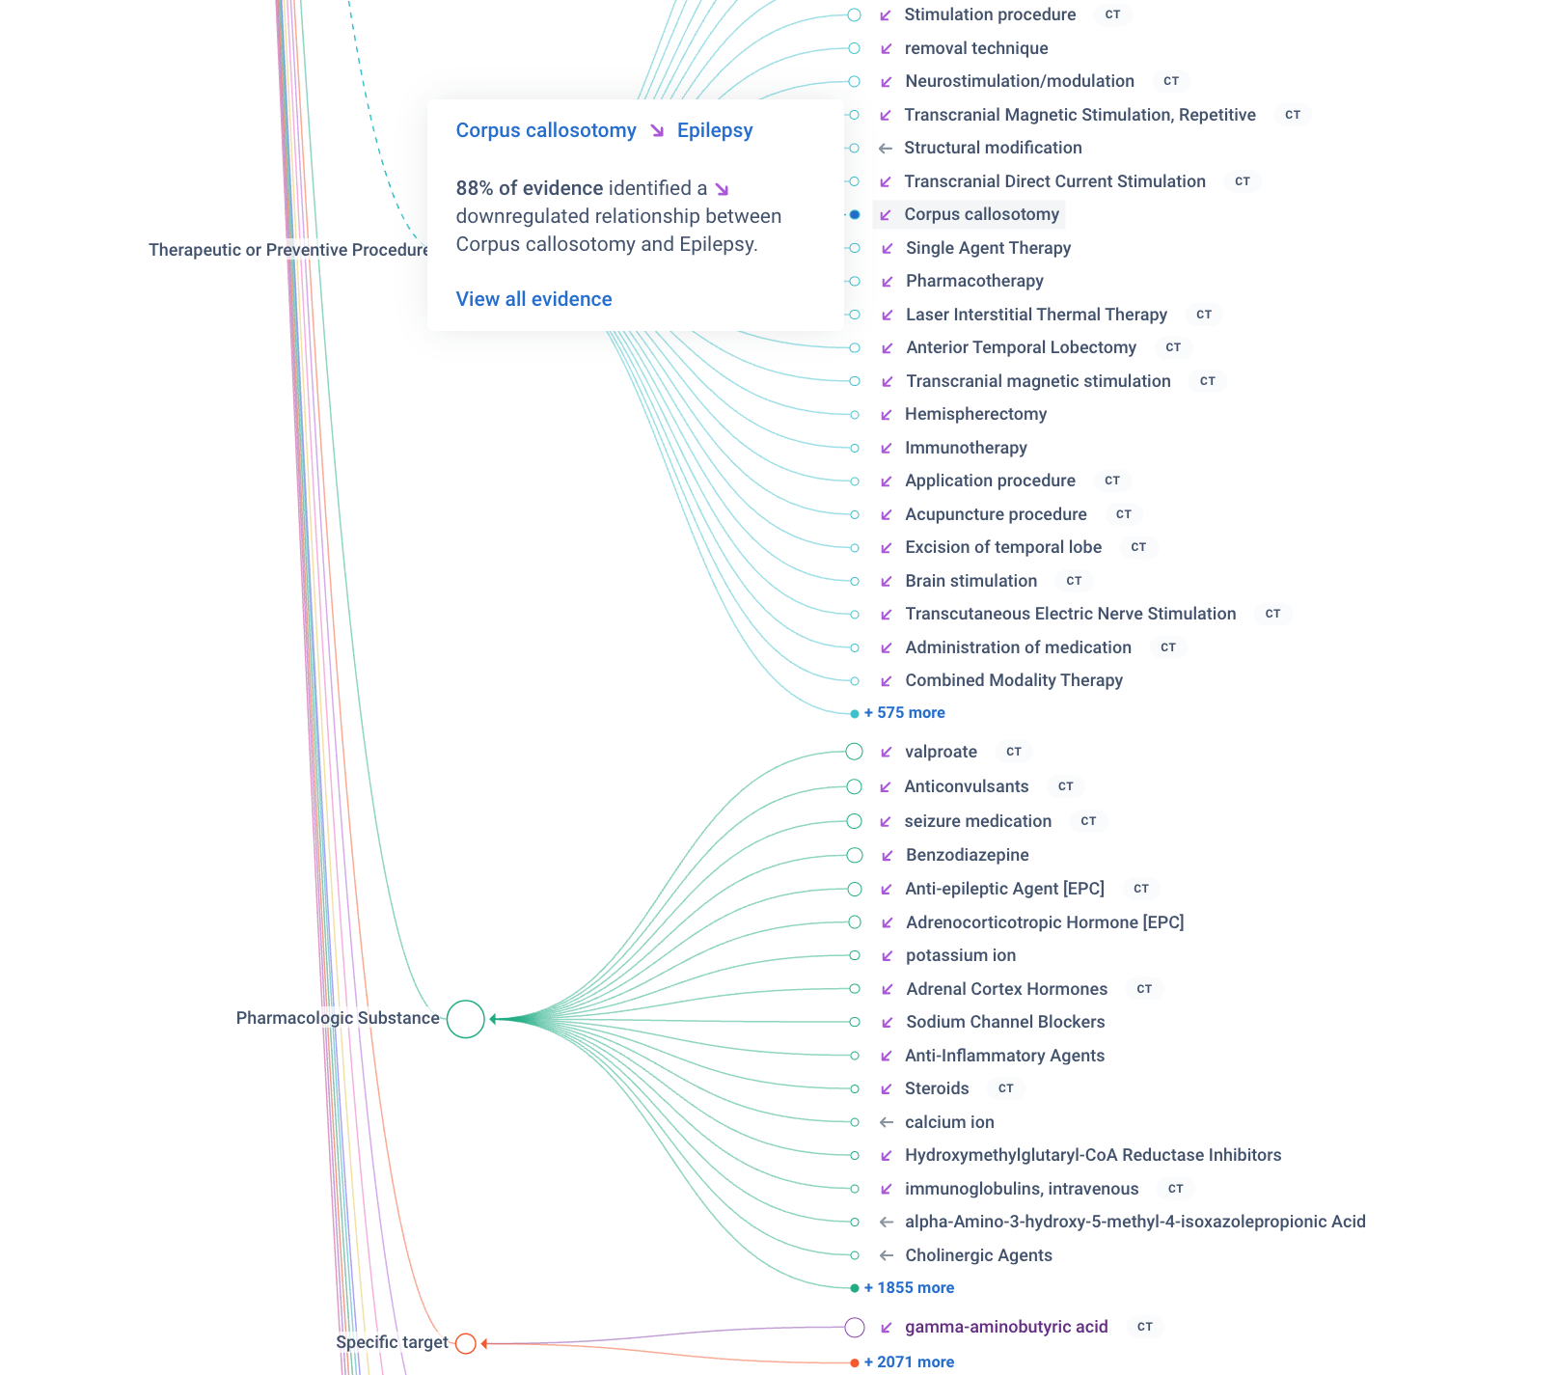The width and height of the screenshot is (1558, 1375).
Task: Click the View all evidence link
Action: (x=533, y=299)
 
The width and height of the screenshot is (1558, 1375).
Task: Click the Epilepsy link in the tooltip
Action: (x=714, y=130)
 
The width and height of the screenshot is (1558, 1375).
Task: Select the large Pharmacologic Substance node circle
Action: (x=466, y=1019)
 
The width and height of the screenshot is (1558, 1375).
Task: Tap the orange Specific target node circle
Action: (x=466, y=1343)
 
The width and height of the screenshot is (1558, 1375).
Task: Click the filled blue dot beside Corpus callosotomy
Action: (x=855, y=214)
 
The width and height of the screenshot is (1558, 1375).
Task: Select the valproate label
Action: (x=941, y=752)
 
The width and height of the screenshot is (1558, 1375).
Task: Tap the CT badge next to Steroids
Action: (x=1005, y=1088)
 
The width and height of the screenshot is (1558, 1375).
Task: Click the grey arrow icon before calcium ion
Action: (x=886, y=1122)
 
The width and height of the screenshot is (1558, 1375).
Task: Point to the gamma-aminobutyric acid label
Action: (x=1006, y=1327)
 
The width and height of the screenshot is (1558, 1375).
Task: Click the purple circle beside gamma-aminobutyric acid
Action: (x=855, y=1328)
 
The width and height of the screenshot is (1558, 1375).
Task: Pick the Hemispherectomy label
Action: (x=975, y=414)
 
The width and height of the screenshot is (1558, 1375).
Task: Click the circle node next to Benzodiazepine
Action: (x=855, y=855)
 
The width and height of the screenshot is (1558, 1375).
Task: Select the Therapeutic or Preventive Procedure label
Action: (x=288, y=250)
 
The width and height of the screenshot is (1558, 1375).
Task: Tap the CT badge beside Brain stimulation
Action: (x=1074, y=581)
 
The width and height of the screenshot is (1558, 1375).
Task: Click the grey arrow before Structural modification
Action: (x=886, y=148)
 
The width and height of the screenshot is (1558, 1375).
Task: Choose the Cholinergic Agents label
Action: (x=978, y=1255)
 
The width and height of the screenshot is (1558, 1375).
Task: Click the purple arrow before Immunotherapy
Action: (x=886, y=448)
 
